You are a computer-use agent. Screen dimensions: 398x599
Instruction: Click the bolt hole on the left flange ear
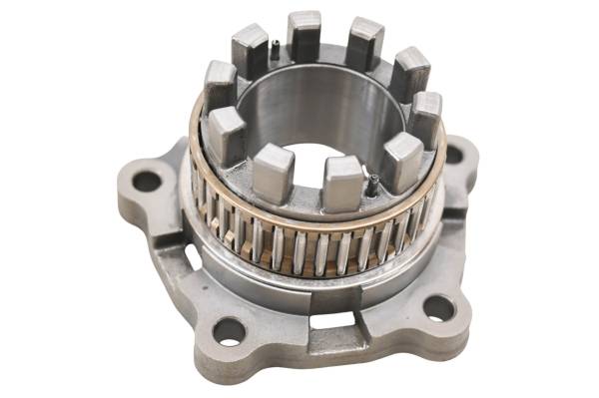pos(147,182)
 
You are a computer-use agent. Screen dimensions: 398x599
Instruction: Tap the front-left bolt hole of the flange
pos(229,329)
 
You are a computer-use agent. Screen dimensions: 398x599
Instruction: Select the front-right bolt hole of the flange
pos(438,308)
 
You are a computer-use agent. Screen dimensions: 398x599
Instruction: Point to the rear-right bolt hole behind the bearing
pos(454,155)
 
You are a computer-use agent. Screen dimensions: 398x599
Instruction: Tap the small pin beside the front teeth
pos(372,184)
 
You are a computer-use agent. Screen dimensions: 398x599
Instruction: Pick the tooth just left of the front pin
pos(342,182)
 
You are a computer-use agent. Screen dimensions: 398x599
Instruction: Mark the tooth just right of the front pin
pos(403,161)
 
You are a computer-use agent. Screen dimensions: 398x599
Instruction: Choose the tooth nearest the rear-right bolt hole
pos(425,115)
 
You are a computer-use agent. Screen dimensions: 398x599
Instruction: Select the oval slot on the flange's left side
pos(191,256)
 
